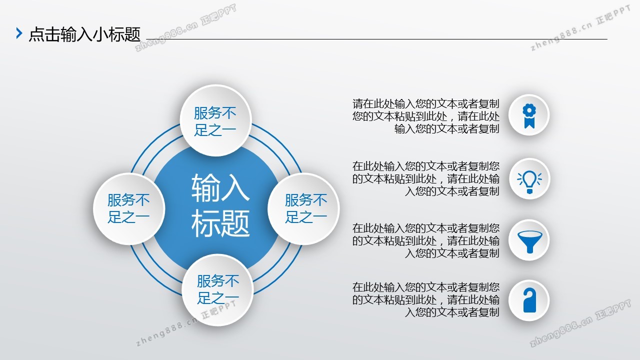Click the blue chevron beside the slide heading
click(19, 33)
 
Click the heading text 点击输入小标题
click(85, 34)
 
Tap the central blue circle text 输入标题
click(220, 205)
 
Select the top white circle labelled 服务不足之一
click(215, 120)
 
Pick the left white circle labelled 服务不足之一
click(129, 208)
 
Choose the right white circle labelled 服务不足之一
click(303, 208)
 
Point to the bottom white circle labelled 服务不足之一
click(217, 289)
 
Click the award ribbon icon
click(529, 115)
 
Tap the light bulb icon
click(529, 181)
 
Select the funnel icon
click(529, 241)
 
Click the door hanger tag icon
click(529, 300)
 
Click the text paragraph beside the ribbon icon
click(425, 116)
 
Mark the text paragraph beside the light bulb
click(425, 178)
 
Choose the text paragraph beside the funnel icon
click(425, 240)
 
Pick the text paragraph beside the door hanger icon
click(425, 299)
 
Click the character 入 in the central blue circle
click(235, 188)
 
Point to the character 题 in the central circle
click(235, 223)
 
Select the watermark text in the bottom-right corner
click(580, 323)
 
